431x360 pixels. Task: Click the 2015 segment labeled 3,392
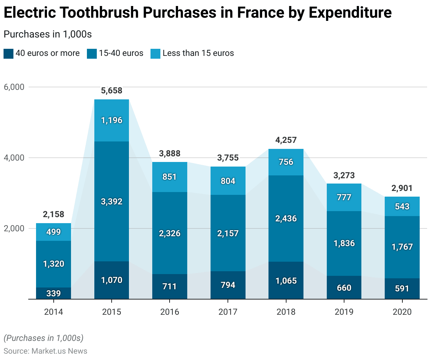(112, 202)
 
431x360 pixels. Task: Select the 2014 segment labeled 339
(54, 293)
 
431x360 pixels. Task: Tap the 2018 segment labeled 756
(286, 162)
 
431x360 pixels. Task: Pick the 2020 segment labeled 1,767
(402, 247)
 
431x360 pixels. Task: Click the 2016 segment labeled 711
(170, 286)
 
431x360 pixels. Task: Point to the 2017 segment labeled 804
(228, 181)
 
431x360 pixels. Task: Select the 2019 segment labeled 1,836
(344, 243)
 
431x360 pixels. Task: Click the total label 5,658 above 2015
(112, 91)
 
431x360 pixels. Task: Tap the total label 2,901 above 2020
(402, 188)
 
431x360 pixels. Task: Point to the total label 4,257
(286, 140)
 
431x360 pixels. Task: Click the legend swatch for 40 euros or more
(8, 53)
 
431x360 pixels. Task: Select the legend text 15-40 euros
(121, 53)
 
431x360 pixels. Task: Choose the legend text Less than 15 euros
(198, 53)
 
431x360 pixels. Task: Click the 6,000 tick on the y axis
(14, 87)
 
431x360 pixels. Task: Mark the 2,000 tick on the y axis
(14, 228)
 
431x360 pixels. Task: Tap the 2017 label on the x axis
(228, 312)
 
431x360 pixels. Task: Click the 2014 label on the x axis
(54, 312)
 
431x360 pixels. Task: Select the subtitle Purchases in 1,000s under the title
(48, 34)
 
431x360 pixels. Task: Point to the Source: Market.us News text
(45, 351)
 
